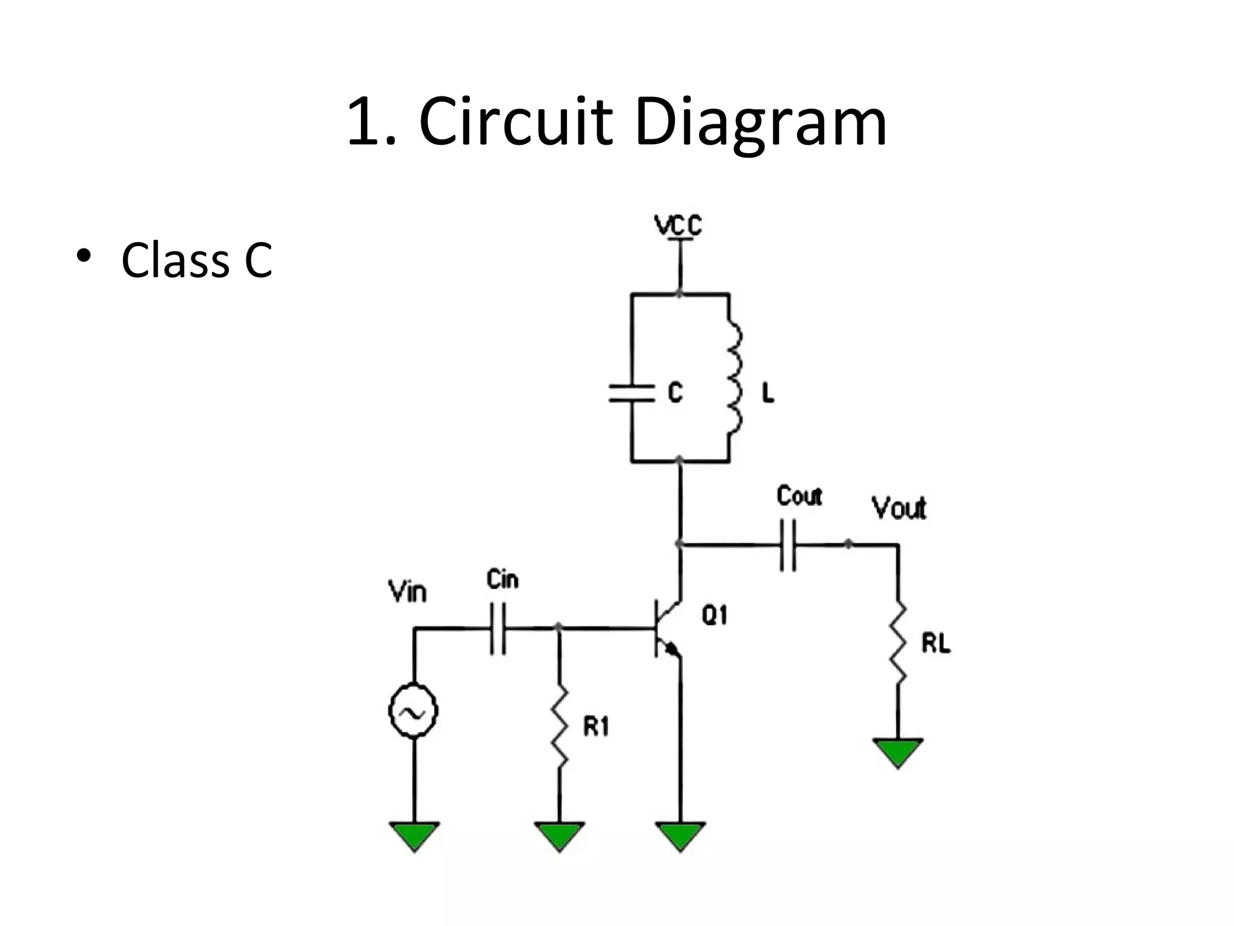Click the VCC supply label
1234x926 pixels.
(678, 226)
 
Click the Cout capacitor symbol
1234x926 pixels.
(788, 545)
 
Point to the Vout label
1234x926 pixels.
(898, 508)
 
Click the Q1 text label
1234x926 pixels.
(715, 616)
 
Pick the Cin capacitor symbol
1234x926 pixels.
(498, 629)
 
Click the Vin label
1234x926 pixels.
(408, 592)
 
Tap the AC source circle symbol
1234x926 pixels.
(413, 711)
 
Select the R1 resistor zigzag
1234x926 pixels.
(560, 725)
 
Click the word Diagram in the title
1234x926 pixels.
(760, 124)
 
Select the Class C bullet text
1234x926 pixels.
(196, 260)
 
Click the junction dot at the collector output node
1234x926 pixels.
(680, 544)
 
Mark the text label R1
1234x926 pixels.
(596, 728)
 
